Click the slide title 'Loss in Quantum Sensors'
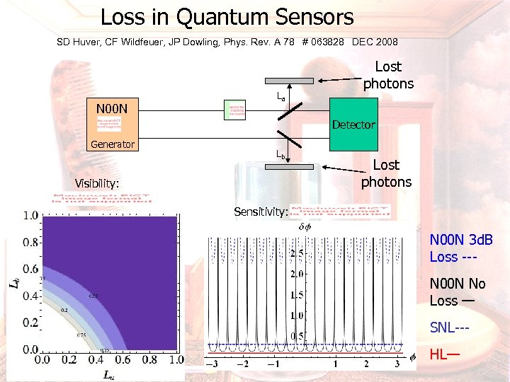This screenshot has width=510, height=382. tap(227, 17)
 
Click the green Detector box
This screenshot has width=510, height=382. tap(353, 125)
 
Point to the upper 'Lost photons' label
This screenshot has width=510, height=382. tap(388, 75)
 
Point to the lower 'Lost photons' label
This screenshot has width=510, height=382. tap(386, 173)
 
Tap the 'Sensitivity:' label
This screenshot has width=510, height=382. tap(261, 212)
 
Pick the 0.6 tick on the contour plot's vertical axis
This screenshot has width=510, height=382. tap(30, 269)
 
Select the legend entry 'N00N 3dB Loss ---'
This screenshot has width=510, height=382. tap(461, 248)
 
